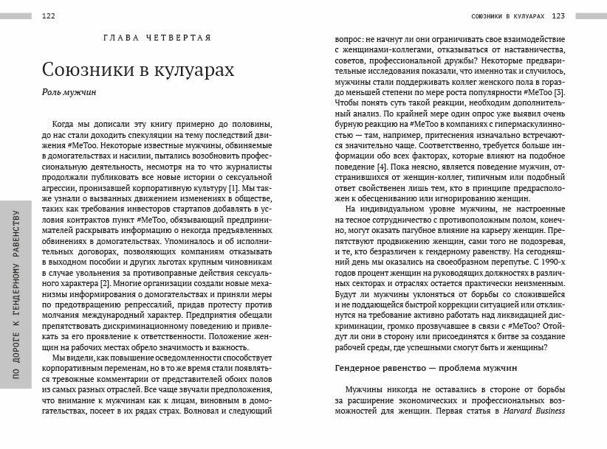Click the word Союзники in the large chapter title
(85, 71)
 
